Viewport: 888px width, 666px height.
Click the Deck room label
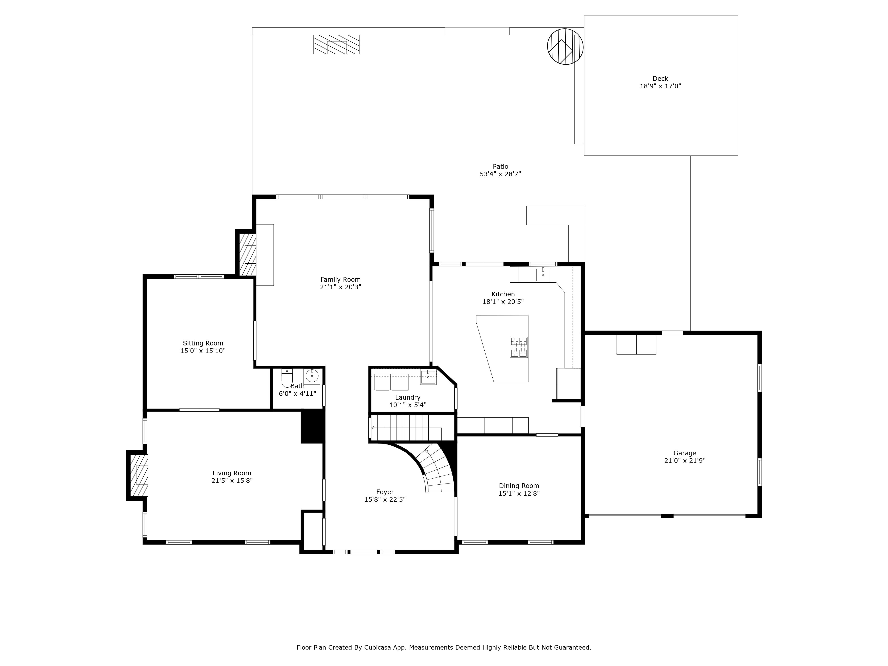coord(660,79)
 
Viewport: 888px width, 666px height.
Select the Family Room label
coord(340,280)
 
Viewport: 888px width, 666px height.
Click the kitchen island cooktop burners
coord(519,347)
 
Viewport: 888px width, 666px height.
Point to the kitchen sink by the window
coord(543,275)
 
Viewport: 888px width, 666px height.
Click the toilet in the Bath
coord(287,377)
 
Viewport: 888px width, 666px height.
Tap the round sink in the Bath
coord(312,376)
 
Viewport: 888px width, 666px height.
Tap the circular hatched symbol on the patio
coord(565,47)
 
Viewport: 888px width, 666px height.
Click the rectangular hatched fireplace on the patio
coord(336,45)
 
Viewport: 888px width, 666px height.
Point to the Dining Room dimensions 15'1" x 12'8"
coord(519,493)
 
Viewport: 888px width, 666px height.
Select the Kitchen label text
coord(503,294)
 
